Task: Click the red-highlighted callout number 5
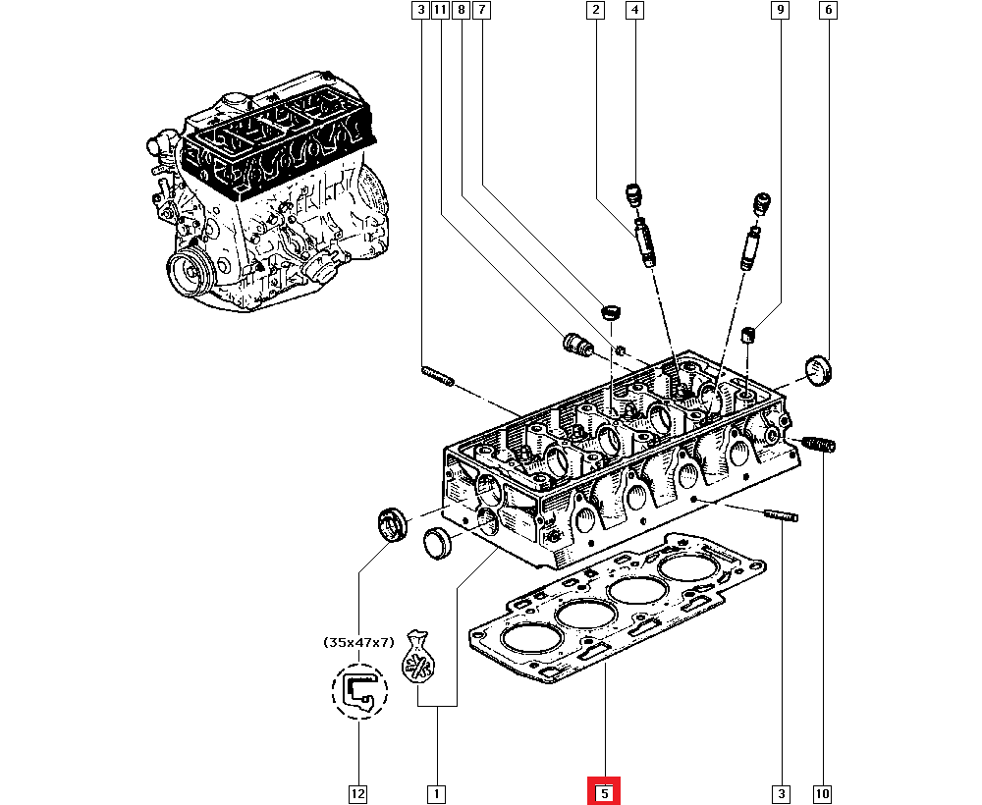pyautogui.click(x=604, y=792)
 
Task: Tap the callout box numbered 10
pyautogui.click(x=822, y=792)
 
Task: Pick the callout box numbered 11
pyautogui.click(x=440, y=11)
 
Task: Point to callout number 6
pyautogui.click(x=828, y=11)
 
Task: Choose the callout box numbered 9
pyautogui.click(x=781, y=11)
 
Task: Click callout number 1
pyautogui.click(x=434, y=792)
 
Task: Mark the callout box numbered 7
pyautogui.click(x=481, y=11)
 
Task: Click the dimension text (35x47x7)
pyautogui.click(x=358, y=642)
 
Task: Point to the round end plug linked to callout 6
pyautogui.click(x=817, y=371)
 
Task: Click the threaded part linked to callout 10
pyautogui.click(x=818, y=445)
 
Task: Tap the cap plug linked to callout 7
pyautogui.click(x=611, y=314)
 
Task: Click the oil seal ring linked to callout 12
pyautogui.click(x=394, y=523)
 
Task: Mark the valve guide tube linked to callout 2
pyautogui.click(x=644, y=241)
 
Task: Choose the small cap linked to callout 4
pyautogui.click(x=634, y=193)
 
